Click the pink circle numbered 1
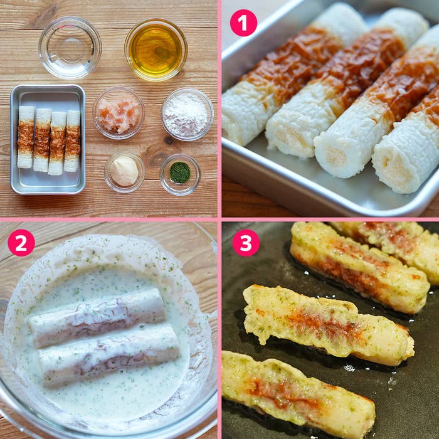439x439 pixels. pos(243,23)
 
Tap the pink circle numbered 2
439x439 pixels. pos(21,243)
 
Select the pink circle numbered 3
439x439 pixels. pos(246,243)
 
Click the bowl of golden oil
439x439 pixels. pos(156,50)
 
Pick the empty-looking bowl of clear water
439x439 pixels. pos(70,48)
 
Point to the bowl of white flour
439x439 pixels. pos(188,114)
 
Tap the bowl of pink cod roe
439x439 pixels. pos(119,113)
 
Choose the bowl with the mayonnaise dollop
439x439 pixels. pos(125,172)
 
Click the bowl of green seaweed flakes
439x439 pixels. pos(180,174)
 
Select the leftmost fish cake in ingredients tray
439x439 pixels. pos(26,137)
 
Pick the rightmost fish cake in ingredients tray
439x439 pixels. pos(72,141)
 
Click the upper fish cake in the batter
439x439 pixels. pos(97,318)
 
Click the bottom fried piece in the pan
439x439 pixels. pos(298,393)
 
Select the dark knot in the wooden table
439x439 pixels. pos(169,140)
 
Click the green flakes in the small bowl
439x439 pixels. pos(180,172)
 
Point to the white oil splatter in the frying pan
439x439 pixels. pos(349,368)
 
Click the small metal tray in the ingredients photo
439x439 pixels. pos(48,139)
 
